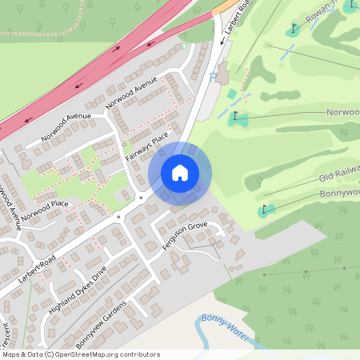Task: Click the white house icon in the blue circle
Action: pyautogui.click(x=180, y=173)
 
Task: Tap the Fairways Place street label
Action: pyautogui.click(x=147, y=148)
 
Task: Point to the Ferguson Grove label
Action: pyautogui.click(x=185, y=237)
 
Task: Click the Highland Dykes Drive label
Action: pyautogui.click(x=77, y=289)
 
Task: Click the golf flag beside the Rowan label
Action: pyautogui.click(x=293, y=30)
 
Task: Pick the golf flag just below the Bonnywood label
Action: pyautogui.click(x=266, y=210)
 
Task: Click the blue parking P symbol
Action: pyautogui.click(x=212, y=77)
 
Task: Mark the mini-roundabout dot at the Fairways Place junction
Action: pyautogui.click(x=141, y=196)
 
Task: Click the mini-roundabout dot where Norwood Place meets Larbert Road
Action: pyautogui.click(x=117, y=216)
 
